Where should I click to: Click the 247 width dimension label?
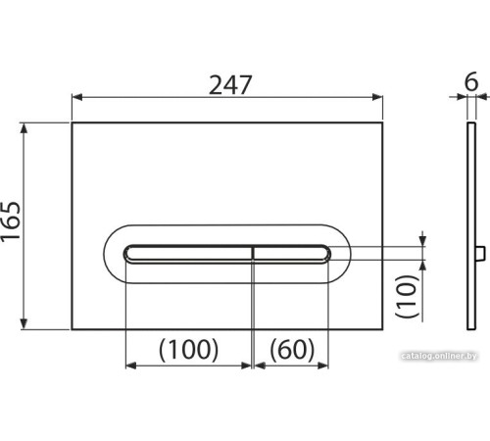coord(230,84)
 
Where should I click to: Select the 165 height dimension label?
coord(11,221)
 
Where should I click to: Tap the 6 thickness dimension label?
coord(471,81)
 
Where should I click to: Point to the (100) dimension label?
coord(188,350)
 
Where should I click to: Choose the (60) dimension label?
coord(292,350)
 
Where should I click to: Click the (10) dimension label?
coord(407,296)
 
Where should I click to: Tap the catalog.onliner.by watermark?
coord(439,356)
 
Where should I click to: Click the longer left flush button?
coord(188,254)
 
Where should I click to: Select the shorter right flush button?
coord(292,254)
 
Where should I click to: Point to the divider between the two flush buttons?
coord(253,254)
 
